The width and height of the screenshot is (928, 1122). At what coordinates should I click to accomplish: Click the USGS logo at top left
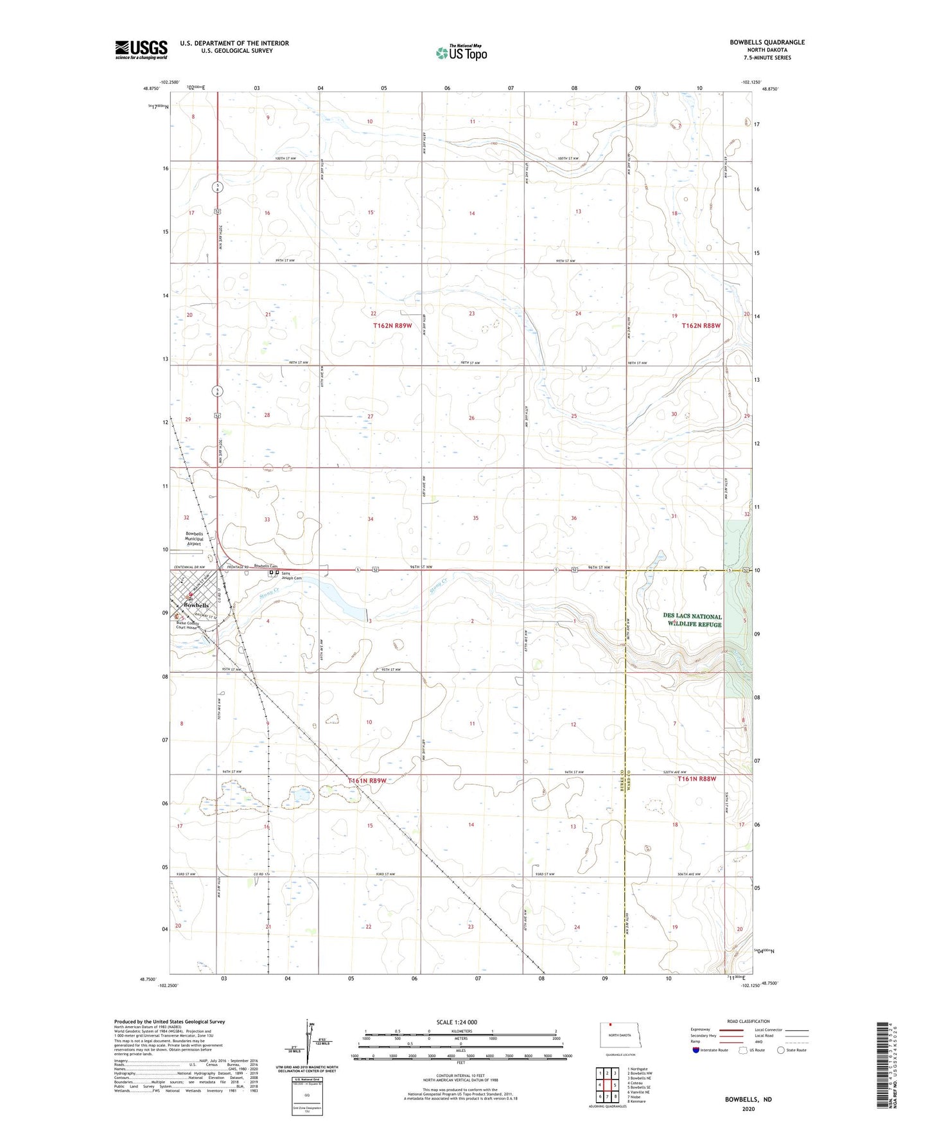[x=141, y=49]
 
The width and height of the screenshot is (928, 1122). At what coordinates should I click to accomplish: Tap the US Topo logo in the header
[x=461, y=53]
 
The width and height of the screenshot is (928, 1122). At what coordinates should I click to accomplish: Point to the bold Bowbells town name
[x=196, y=605]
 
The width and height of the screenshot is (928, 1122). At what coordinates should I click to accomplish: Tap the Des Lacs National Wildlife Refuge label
[x=692, y=620]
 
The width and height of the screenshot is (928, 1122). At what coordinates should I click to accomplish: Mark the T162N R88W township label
[x=701, y=326]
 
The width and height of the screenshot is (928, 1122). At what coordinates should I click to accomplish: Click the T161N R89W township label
[x=367, y=781]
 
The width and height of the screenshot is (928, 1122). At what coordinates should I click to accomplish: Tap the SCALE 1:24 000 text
[x=457, y=1022]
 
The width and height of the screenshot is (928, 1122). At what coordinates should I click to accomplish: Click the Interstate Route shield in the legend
[x=696, y=1050]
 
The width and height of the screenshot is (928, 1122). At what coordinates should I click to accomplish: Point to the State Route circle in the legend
[x=780, y=1050]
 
